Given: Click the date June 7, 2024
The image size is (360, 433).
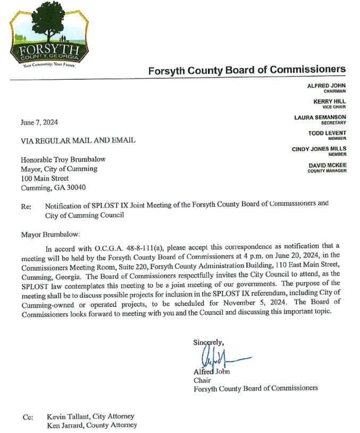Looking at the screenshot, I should (x=39, y=122).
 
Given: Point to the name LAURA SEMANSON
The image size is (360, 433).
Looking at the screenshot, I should (x=320, y=117).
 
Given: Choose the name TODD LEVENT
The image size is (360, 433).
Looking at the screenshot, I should (x=327, y=133).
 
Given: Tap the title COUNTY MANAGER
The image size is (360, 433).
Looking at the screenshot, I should (x=327, y=171).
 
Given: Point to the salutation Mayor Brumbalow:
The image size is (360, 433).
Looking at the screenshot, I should (x=51, y=234).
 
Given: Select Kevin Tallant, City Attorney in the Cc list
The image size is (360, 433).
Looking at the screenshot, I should (x=90, y=416).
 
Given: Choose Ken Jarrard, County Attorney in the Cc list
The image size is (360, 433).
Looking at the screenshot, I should (x=91, y=424).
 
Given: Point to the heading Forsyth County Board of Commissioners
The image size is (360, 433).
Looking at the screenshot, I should (x=247, y=70).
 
